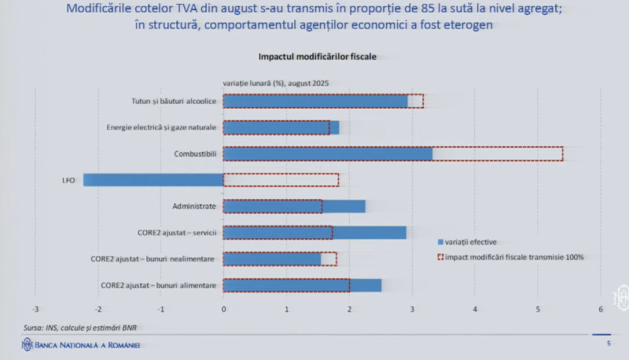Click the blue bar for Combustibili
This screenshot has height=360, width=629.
tap(327, 153)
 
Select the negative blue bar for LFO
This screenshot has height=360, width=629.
tap(153, 180)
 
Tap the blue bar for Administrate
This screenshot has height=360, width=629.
tap(294, 207)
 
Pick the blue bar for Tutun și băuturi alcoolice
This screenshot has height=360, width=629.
tap(315, 101)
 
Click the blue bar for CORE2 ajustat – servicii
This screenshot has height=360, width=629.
tap(314, 233)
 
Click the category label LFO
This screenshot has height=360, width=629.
tap(68, 180)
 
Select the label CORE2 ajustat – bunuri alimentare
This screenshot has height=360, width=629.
tap(159, 285)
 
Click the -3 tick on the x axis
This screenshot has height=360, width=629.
tap(36, 308)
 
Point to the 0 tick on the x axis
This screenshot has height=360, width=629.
tap(224, 308)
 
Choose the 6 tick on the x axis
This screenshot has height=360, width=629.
tap(601, 308)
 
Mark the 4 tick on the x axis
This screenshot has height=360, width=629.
tap(475, 308)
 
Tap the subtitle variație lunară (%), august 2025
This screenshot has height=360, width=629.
tap(275, 83)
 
